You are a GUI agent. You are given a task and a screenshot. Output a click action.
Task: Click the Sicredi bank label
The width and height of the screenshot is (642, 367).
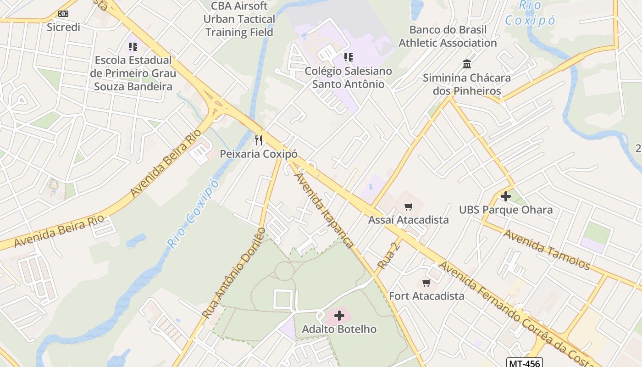coord(63,27)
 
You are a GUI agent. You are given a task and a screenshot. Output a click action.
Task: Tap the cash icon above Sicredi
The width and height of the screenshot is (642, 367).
coord(63,14)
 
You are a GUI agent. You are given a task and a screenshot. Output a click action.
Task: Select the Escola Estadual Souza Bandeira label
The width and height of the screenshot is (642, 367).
coord(133,73)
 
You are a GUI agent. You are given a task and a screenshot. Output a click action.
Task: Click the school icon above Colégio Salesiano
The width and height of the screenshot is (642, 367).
coord(349,57)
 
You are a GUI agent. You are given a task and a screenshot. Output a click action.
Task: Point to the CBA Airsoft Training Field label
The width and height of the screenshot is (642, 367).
coord(239,19)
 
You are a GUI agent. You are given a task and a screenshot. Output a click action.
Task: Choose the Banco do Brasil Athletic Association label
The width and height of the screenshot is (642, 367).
coord(448,36)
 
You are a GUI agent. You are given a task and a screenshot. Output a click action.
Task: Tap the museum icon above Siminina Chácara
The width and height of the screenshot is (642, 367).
coord(467,64)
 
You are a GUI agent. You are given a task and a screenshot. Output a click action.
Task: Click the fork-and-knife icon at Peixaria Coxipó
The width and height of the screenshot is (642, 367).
coord(259,140)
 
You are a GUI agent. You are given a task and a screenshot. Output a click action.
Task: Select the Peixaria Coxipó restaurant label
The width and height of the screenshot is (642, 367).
coord(259,154)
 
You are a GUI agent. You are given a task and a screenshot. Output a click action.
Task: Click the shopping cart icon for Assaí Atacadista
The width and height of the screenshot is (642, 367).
coord(408,207)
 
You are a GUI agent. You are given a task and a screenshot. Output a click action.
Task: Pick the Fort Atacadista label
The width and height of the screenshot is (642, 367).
coord(426,296)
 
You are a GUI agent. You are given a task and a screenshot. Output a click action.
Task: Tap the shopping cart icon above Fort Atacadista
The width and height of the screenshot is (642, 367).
coord(426,283)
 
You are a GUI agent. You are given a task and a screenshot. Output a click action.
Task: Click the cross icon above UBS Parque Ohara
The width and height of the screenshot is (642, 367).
coord(506,196)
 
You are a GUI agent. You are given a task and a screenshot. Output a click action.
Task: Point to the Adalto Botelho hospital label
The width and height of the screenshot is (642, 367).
coord(339,329)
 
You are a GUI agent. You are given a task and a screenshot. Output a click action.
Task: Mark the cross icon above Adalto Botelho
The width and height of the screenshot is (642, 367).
coord(339,316)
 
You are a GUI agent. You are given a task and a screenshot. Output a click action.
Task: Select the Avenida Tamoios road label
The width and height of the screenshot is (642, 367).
coord(547,249)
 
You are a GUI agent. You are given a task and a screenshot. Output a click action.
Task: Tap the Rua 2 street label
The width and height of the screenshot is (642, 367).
coord(389,256)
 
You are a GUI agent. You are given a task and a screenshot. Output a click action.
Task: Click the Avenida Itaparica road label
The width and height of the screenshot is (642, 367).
coord(324,210)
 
